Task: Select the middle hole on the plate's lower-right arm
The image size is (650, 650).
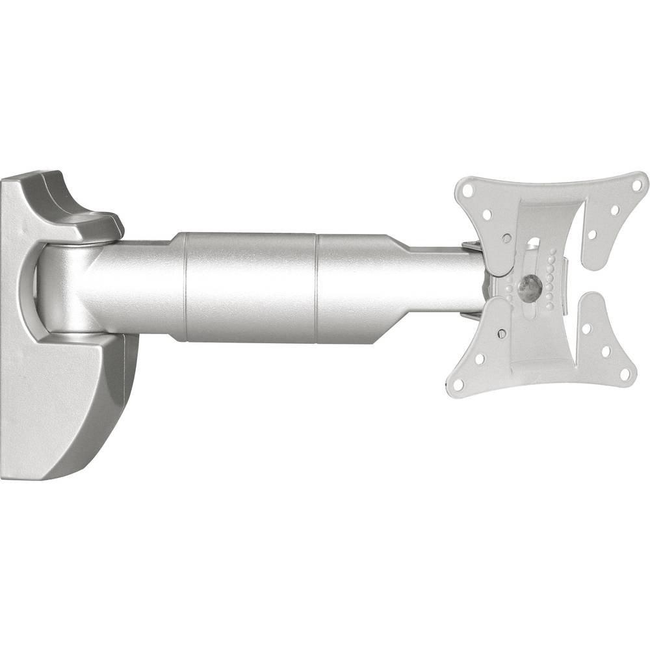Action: coord(606,351)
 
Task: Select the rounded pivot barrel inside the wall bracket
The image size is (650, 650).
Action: coord(62,286)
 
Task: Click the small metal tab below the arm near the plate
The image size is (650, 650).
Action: coord(471,317)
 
